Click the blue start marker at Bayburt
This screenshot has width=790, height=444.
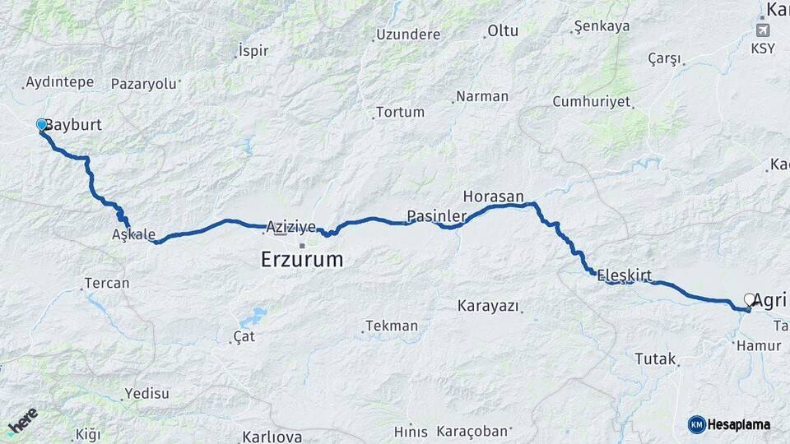[42, 124]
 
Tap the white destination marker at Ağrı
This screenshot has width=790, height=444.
[750, 300]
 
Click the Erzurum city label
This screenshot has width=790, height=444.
[301, 260]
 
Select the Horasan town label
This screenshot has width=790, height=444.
[494, 197]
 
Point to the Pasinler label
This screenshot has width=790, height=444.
[436, 216]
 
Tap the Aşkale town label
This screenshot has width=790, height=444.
[133, 234]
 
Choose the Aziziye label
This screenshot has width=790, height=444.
[289, 226]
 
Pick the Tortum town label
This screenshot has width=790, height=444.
[400, 112]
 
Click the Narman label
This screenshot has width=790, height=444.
[482, 96]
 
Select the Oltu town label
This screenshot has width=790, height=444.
[503, 31]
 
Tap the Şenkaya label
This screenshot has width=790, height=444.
[602, 26]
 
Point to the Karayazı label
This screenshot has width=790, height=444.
[489, 306]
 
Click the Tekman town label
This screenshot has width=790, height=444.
[392, 326]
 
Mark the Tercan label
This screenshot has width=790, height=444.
[106, 284]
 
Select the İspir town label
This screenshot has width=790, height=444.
[253, 51]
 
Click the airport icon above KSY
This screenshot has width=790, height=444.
[762, 30]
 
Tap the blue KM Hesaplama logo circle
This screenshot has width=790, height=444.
[696, 424]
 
